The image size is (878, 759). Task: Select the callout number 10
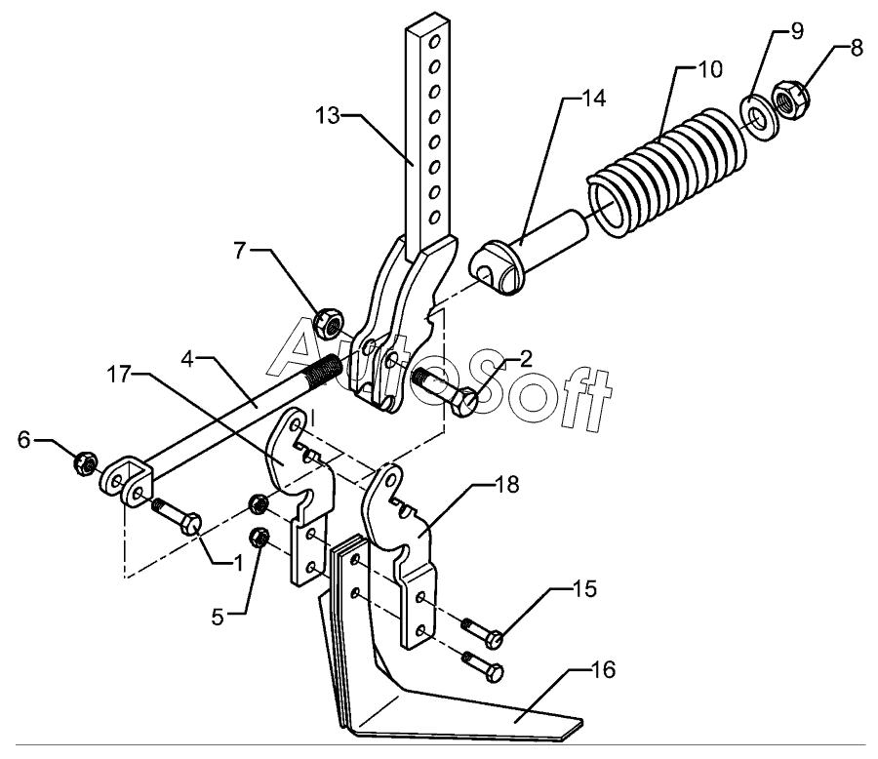[708, 70]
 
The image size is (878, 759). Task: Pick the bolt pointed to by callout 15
[494, 640]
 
